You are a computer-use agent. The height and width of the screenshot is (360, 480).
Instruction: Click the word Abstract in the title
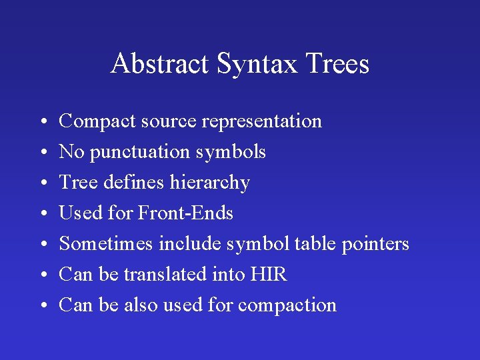[x=160, y=64]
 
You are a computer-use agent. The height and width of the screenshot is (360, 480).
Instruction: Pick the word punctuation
[x=140, y=152]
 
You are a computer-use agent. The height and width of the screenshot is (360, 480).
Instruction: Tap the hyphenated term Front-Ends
[x=185, y=213]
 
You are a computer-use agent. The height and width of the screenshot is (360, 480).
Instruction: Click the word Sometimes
[x=106, y=244]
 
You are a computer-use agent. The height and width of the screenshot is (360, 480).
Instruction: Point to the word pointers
[x=375, y=244]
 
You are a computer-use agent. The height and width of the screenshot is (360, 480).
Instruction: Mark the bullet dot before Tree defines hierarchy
[x=42, y=183]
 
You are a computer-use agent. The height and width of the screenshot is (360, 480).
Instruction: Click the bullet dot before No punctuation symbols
[x=42, y=153]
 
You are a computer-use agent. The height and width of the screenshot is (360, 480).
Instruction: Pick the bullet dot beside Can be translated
[x=42, y=275]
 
